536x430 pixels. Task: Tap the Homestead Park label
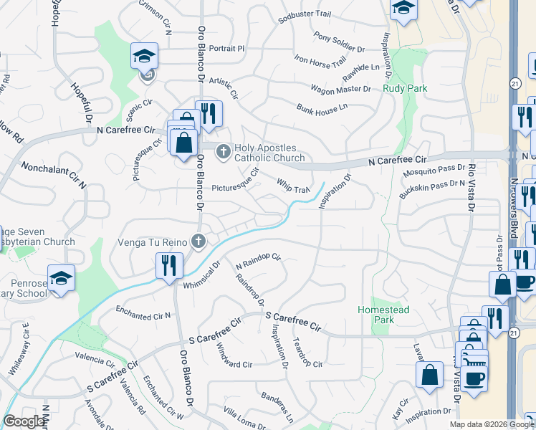coord(383,315)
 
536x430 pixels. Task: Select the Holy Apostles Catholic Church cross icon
coord(223,150)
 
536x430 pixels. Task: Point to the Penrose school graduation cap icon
coord(62,277)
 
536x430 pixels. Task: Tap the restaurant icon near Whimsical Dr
coord(166,265)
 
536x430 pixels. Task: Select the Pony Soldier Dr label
coord(339,42)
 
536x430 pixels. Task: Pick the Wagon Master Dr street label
coord(340,90)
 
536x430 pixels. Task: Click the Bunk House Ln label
coord(322,107)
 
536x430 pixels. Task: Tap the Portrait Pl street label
coord(227,49)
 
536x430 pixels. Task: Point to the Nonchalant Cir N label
coord(54,175)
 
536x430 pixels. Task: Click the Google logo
coord(24,421)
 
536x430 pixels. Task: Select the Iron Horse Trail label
coord(321,63)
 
